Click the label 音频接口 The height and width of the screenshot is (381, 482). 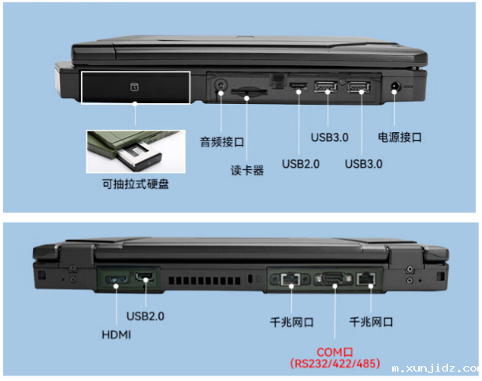(222, 142)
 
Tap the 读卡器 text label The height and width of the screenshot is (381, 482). (247, 170)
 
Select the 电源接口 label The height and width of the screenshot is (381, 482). (399, 137)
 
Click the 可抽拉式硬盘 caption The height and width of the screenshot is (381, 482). (135, 184)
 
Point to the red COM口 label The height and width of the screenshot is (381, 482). (335, 352)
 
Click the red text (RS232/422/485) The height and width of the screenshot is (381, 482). (335, 364)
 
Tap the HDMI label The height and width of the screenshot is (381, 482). (117, 335)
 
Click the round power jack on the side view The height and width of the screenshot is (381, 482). (395, 87)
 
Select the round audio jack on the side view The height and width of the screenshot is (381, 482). (221, 85)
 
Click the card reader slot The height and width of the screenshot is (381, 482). (249, 91)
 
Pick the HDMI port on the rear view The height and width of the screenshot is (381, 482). (117, 280)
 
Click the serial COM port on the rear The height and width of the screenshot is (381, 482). (335, 279)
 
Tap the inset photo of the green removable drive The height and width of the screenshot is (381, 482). (136, 151)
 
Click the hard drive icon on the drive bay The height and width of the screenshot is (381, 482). (135, 87)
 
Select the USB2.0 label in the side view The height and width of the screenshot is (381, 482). (301, 164)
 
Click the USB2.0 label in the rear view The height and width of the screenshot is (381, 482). (146, 316)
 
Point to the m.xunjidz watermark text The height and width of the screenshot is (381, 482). (436, 368)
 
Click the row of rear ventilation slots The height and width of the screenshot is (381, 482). (205, 280)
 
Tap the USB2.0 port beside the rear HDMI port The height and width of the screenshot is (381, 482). (145, 277)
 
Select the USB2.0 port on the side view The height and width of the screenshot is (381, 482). (298, 86)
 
